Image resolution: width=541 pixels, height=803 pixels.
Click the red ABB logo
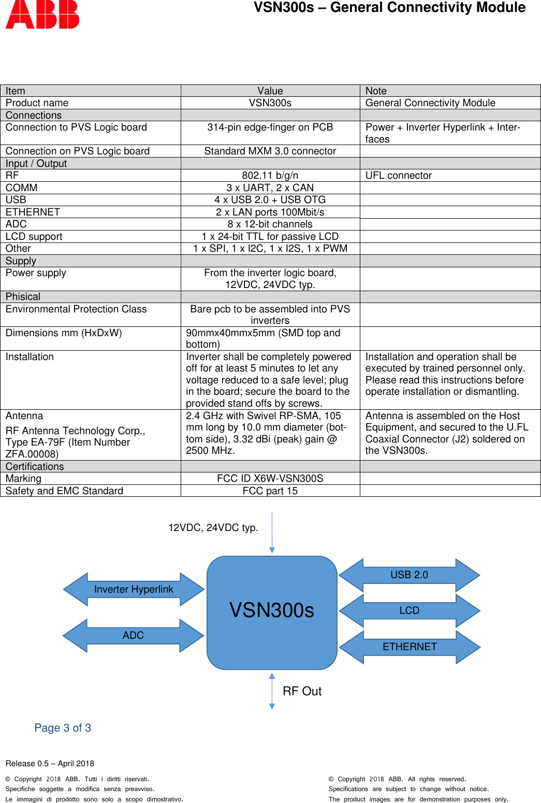click(42, 15)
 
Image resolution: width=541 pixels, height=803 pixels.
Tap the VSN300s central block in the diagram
click(272, 611)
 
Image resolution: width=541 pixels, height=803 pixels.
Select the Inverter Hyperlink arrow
click(134, 590)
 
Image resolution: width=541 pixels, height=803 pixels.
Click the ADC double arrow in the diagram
click(133, 636)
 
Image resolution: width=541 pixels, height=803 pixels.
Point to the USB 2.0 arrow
click(409, 575)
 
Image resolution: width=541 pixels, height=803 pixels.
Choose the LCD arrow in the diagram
click(409, 611)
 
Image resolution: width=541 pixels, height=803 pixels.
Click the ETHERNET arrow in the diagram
click(410, 647)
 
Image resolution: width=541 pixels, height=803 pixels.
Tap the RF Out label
click(302, 692)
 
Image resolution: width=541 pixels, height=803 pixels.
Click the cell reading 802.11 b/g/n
click(270, 176)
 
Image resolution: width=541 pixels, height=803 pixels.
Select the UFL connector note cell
click(398, 176)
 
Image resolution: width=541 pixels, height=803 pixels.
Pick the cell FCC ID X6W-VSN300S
click(270, 479)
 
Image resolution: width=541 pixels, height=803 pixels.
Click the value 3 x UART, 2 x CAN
click(270, 188)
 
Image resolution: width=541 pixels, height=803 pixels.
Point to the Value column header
click(270, 91)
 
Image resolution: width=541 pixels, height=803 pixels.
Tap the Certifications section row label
click(35, 467)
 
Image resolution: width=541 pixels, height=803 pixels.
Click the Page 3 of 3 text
click(63, 728)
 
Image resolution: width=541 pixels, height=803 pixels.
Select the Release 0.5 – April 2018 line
click(50, 764)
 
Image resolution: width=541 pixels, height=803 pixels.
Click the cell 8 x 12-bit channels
click(270, 224)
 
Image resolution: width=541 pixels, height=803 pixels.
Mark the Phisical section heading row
click(23, 297)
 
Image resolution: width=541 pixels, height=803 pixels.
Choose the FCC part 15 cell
click(270, 491)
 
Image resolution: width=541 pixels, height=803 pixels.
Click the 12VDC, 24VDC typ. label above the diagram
click(213, 528)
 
